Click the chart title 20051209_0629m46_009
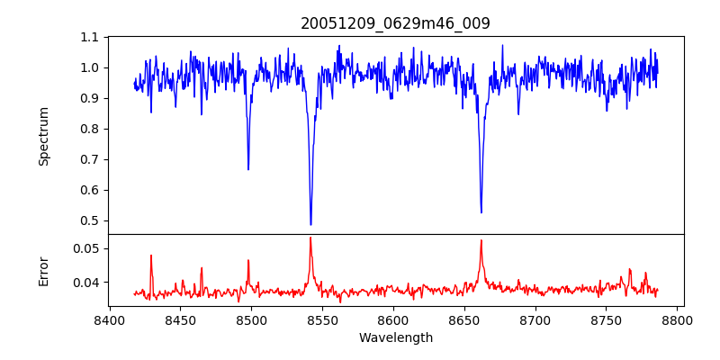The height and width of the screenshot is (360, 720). (395, 23)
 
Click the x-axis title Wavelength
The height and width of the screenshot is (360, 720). (395, 338)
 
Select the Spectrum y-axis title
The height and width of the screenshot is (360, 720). (44, 136)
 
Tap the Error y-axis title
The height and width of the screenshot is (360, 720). (44, 271)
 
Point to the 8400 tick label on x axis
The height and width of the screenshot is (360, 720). (109, 320)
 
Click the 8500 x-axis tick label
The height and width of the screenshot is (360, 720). (251, 320)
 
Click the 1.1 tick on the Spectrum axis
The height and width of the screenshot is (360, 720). (89, 37)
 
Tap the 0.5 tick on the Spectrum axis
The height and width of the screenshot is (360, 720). (89, 220)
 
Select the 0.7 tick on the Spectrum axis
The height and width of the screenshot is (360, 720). (89, 159)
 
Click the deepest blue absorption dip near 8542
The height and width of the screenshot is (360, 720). (310, 224)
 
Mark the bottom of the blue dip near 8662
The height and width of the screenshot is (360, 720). (481, 212)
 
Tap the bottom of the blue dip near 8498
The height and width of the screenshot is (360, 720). (248, 169)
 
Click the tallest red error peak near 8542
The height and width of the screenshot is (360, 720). (310, 238)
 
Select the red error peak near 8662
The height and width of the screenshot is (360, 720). (481, 240)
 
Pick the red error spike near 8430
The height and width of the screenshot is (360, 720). (151, 256)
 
